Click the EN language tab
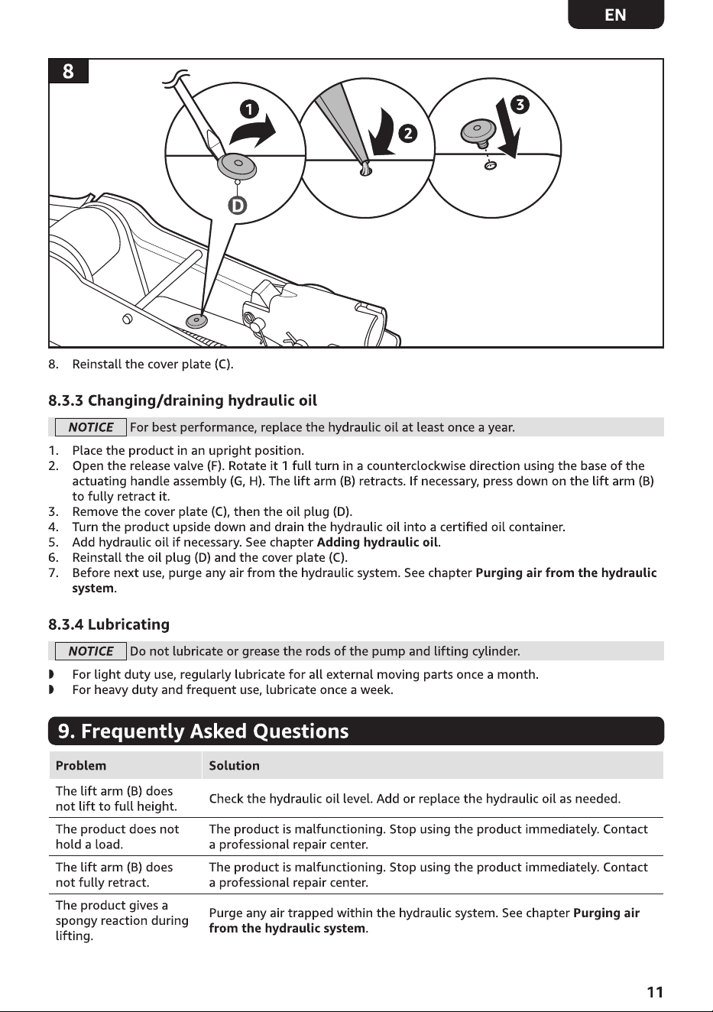click(616, 15)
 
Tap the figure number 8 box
click(68, 71)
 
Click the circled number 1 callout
click(249, 109)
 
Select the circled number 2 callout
click(408, 133)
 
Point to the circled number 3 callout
click(520, 105)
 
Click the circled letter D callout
click(237, 206)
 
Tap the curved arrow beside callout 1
click(253, 131)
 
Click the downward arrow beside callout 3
click(509, 129)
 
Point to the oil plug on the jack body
click(196, 321)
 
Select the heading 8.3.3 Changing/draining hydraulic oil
click(183, 401)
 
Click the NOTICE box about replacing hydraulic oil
click(90, 427)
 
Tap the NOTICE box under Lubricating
click(90, 651)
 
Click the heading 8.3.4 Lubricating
click(109, 624)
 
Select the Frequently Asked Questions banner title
click(203, 731)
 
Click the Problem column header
click(81, 765)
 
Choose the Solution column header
click(234, 765)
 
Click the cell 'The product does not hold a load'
click(117, 837)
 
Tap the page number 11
click(655, 992)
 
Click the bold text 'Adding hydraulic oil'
click(378, 542)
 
